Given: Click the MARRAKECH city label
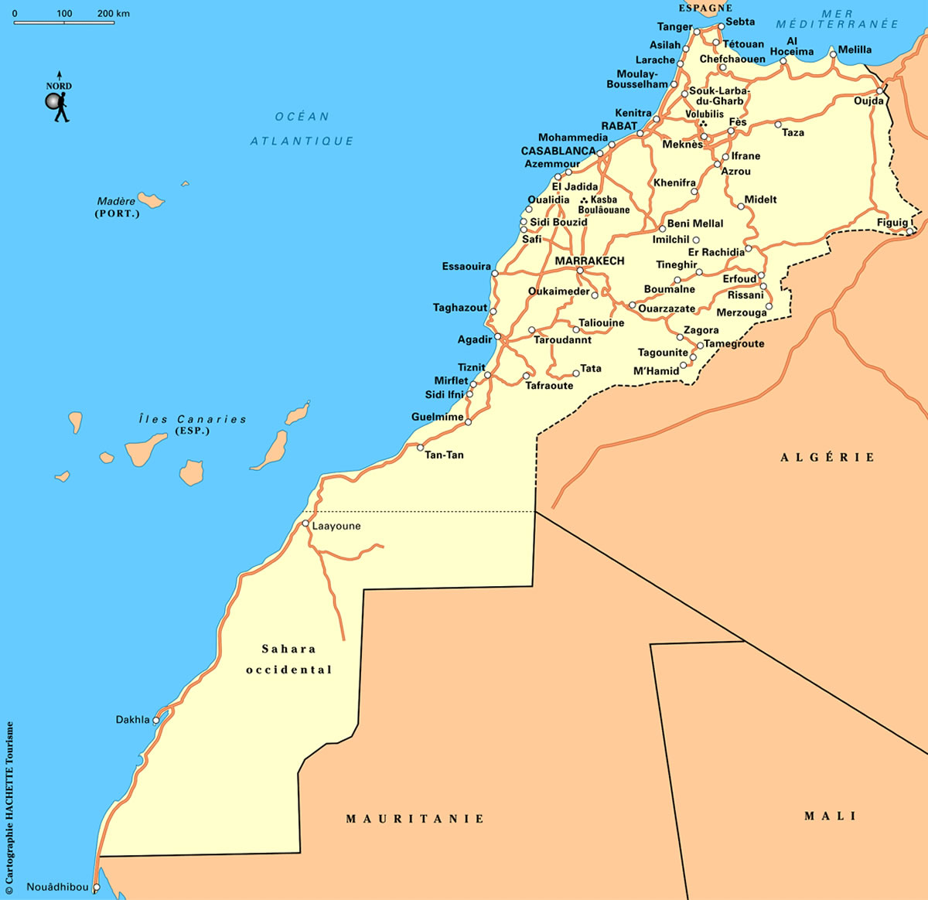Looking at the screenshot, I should [x=589, y=261].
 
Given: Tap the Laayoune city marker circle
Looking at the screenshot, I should [x=305, y=523].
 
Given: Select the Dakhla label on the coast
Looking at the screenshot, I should [x=132, y=720].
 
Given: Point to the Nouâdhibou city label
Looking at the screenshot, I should [x=57, y=887].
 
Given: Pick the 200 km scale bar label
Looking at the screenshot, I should [x=114, y=14].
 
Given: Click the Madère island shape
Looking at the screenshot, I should [x=151, y=200].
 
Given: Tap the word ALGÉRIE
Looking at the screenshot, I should [x=827, y=458].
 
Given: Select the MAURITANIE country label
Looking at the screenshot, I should [x=415, y=819].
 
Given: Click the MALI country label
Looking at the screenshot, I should [x=830, y=816].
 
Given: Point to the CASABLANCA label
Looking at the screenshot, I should [x=558, y=151].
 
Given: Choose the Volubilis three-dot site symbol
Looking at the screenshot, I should [x=703, y=124].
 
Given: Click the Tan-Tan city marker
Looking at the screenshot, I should [x=420, y=447].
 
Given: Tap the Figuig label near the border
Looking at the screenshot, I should [x=892, y=223].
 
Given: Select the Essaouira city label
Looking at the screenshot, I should [x=466, y=267].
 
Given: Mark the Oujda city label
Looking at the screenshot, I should [x=868, y=101].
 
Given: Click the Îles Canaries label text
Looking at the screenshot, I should [x=193, y=419].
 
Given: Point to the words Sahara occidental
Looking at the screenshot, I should [x=288, y=660].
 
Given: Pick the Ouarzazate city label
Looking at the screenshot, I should [x=667, y=309].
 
